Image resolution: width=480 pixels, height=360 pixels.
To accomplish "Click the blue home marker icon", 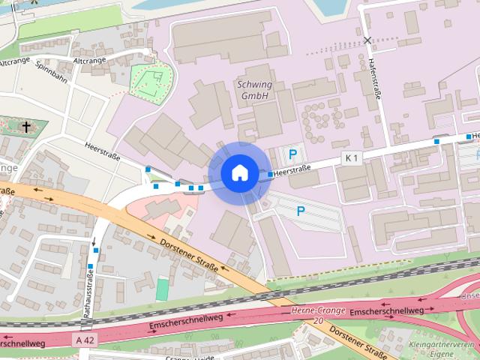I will pos(239,173).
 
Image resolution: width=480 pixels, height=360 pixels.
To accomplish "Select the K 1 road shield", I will pos(352,157).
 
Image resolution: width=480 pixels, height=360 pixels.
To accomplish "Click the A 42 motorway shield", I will pos(85,340).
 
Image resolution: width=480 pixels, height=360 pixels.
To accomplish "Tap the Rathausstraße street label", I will pos(87,297).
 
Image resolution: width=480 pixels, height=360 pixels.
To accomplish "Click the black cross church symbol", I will pos(27,127).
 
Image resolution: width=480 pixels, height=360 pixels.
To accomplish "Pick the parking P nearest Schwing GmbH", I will pos(293,155).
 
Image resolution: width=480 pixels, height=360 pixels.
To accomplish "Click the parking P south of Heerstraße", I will pos(301,211).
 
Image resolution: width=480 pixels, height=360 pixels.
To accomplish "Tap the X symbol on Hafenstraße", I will pos(367,40).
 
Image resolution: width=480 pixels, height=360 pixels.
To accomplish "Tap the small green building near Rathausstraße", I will pos(163,289).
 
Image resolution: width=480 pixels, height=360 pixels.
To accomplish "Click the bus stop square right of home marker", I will pos(271,174).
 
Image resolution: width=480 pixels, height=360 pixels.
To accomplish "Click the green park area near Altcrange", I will pos(150,80).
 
